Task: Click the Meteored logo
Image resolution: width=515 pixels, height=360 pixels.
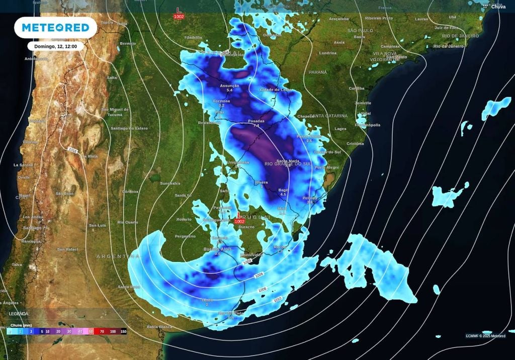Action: pos(55,28)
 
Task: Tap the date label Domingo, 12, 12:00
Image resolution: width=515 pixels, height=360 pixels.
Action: pos(55,46)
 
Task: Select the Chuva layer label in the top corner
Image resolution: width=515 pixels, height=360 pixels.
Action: pos(498,7)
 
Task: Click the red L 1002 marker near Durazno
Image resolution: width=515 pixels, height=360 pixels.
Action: pos(239,219)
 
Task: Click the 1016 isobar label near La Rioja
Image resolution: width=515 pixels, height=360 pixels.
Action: pos(72,149)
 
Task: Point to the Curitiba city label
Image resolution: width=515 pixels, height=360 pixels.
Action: pos(357,88)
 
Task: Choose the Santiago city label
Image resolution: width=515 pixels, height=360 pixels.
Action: pos(32,228)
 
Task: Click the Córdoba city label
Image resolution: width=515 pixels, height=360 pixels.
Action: pos(130,192)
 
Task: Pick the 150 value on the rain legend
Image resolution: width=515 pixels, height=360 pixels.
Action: pos(123,332)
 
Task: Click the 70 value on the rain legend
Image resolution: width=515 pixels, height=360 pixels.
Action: pos(102,332)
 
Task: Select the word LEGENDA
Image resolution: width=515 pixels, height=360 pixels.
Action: pos(18,314)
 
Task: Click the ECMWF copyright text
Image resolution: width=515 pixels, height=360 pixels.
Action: pos(485,336)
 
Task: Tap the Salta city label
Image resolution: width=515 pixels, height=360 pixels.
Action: pos(112,78)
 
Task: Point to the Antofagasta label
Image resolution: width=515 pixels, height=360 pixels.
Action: pos(36,59)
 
